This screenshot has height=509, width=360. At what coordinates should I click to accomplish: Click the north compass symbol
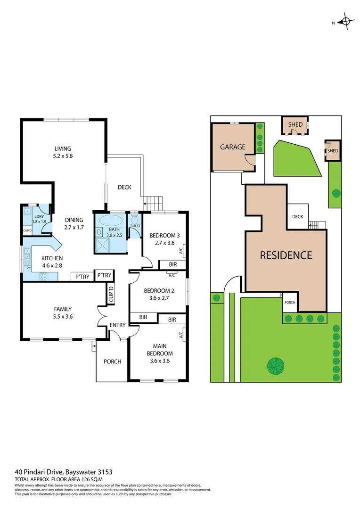click(x=346, y=21)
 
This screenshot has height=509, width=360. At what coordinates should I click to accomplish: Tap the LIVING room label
click(x=63, y=149)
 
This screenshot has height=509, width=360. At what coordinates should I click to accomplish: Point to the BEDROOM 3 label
click(x=164, y=236)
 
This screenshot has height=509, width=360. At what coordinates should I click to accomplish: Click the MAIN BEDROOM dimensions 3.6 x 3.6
click(x=159, y=361)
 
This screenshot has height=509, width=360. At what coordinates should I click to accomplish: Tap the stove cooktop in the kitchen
click(x=44, y=277)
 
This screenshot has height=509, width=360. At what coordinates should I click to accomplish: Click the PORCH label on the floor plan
click(x=112, y=361)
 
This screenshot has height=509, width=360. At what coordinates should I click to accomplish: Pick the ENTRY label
click(x=117, y=325)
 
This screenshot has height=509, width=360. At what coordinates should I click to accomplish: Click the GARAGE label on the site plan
click(x=233, y=147)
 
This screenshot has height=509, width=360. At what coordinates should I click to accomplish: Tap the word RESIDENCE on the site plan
click(x=286, y=255)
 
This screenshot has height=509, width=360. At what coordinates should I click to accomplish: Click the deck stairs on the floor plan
click(x=153, y=204)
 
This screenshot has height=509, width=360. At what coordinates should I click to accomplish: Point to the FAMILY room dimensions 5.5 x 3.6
click(x=63, y=317)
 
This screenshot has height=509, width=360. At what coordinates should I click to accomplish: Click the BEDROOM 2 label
click(x=159, y=291)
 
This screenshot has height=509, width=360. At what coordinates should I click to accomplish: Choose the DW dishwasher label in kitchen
click(x=29, y=268)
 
